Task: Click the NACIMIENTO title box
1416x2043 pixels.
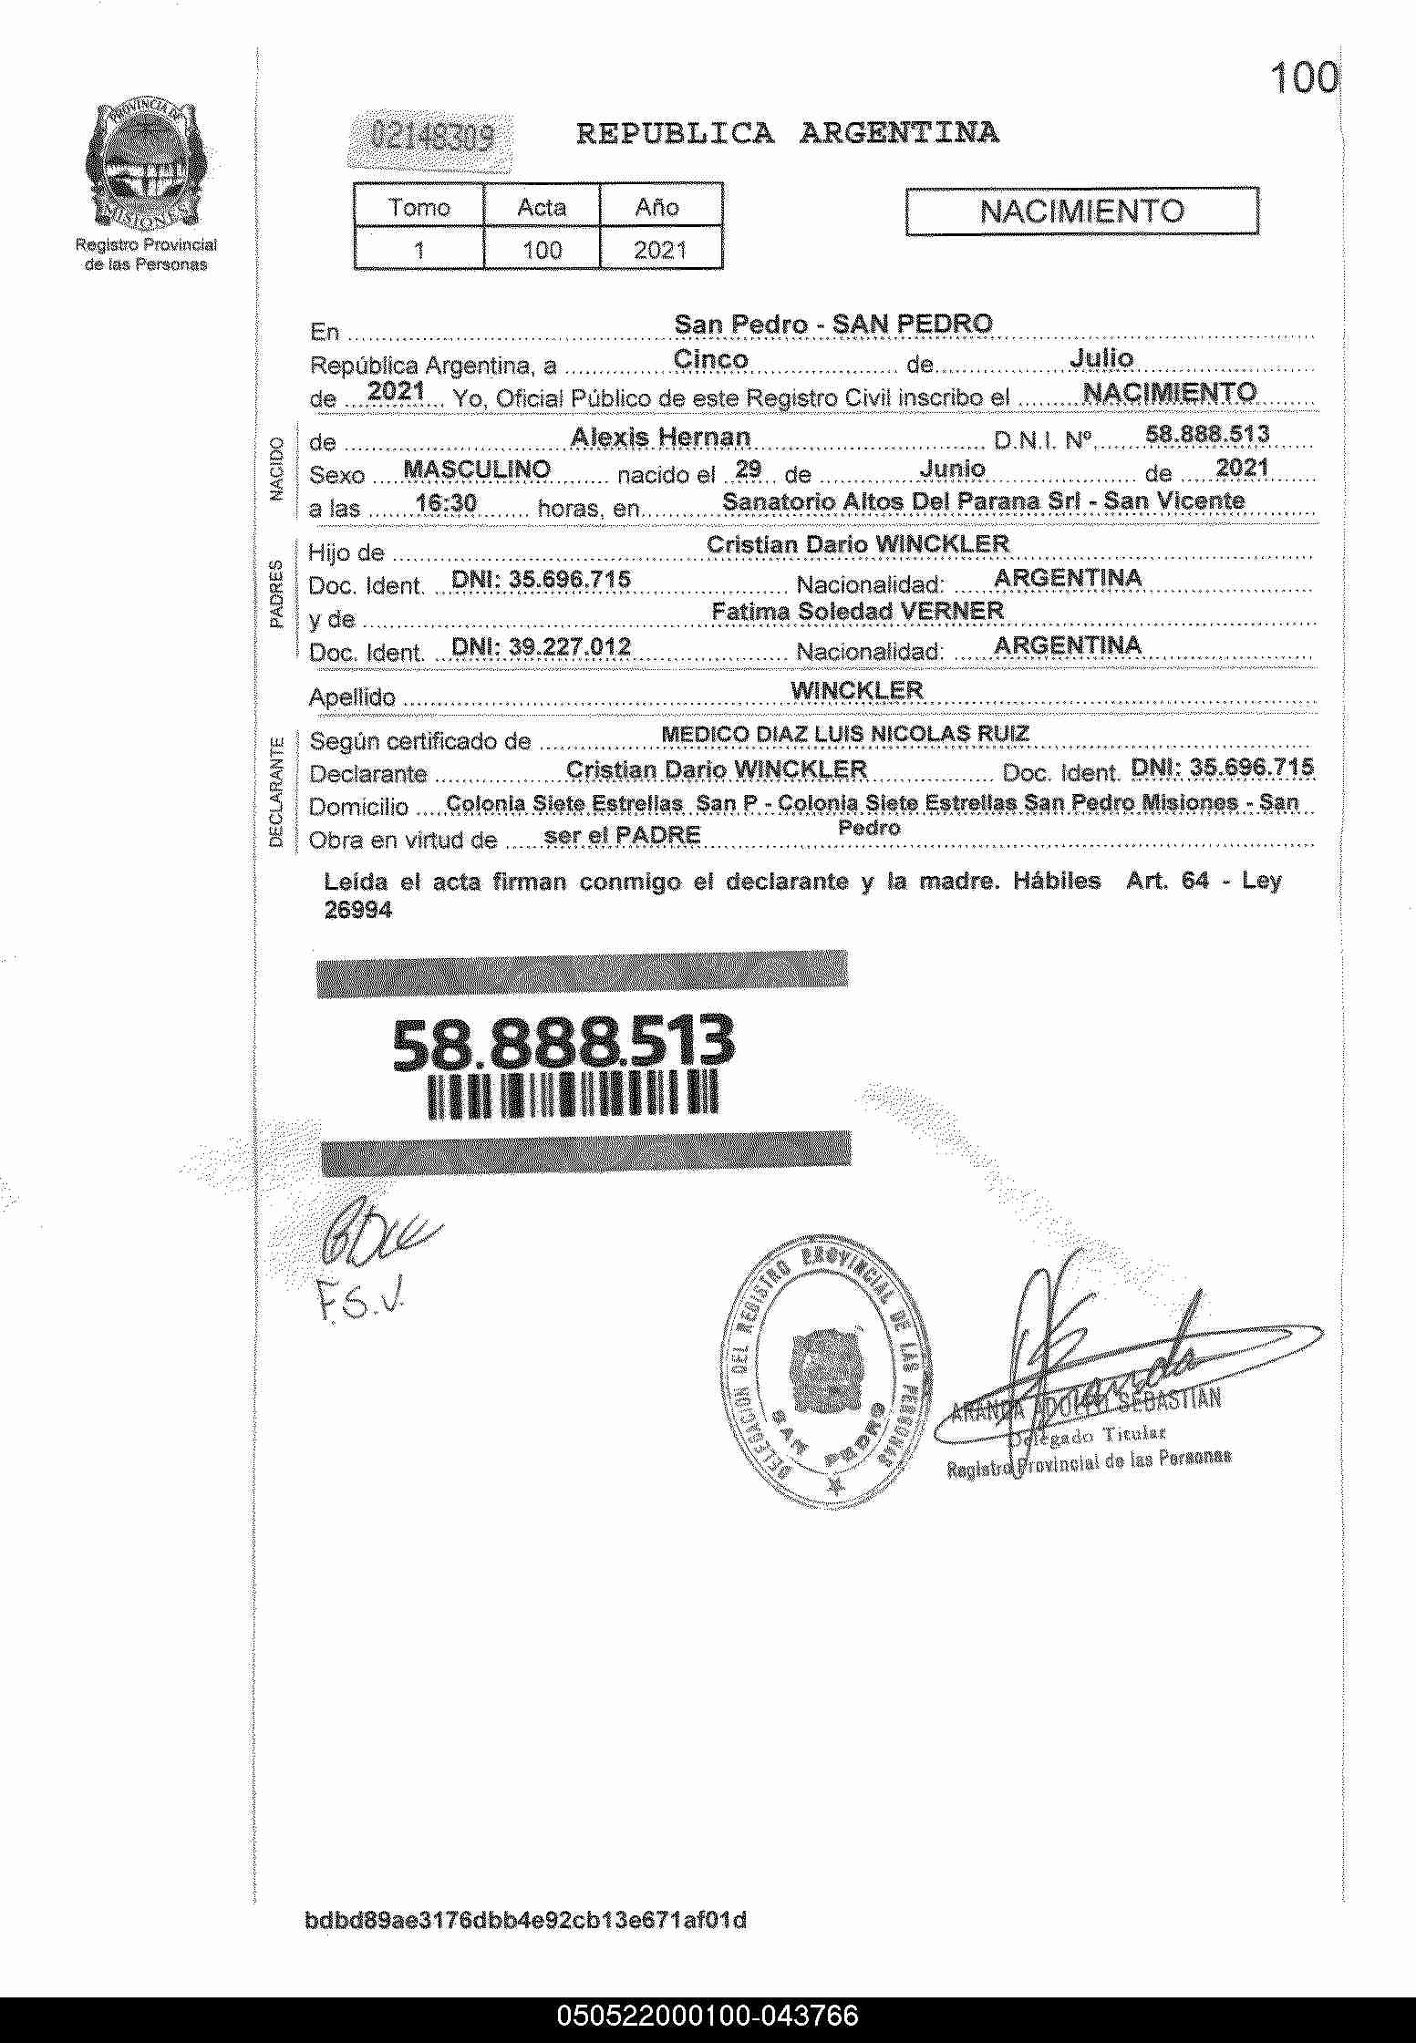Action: click(1081, 212)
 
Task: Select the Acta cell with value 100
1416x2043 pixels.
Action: click(542, 250)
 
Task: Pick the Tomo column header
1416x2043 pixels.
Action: click(419, 207)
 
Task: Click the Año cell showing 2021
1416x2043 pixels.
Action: click(659, 250)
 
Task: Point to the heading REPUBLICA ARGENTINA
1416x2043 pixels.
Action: click(787, 134)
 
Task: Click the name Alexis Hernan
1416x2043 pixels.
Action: click(660, 438)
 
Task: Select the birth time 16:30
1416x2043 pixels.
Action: click(446, 503)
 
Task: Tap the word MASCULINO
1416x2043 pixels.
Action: click(476, 469)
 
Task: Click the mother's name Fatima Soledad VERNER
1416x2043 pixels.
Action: click(857, 611)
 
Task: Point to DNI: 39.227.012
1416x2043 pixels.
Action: click(542, 647)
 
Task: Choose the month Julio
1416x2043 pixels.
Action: click(1101, 358)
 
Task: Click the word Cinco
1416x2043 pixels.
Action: click(710, 359)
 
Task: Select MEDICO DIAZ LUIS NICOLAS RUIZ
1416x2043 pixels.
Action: click(845, 734)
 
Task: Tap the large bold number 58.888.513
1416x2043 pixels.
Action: click(563, 1043)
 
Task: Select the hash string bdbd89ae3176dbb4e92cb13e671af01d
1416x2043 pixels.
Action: click(525, 1921)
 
